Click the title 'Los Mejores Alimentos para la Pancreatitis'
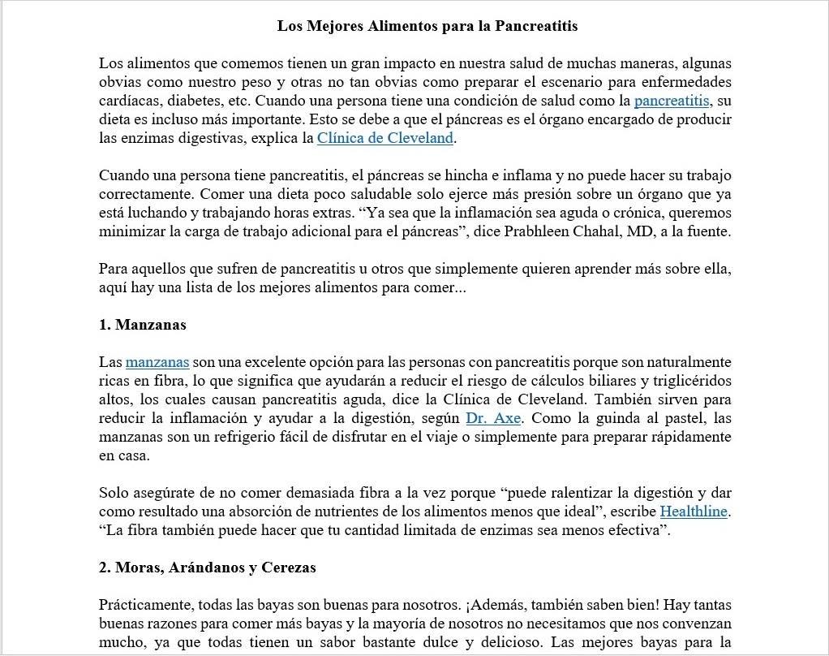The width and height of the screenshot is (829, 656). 427,26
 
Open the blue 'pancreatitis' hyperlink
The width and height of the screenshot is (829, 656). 672,101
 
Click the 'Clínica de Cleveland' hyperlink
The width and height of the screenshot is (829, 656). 384,138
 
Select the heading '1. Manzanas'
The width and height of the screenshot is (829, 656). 143,325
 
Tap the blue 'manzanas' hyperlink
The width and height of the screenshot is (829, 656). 157,362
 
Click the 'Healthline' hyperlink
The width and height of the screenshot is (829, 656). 694,511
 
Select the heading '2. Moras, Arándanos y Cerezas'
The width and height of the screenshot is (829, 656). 207,568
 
